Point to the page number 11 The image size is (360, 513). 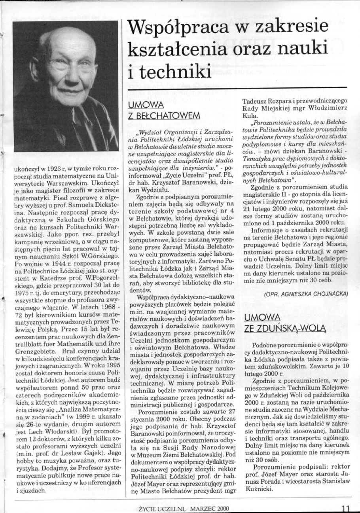346,508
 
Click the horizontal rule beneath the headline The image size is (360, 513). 236,87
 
